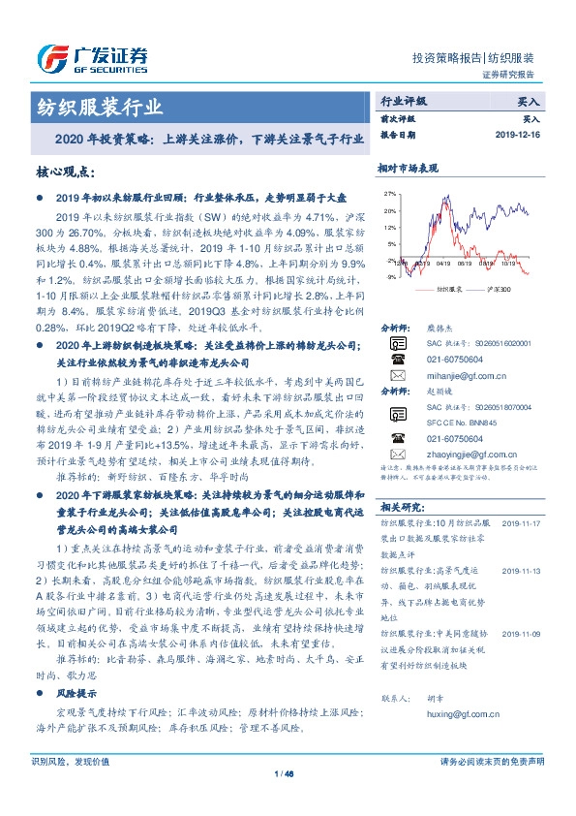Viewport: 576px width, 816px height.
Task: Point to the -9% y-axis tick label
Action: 389,276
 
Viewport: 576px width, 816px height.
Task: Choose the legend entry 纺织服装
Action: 445,290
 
